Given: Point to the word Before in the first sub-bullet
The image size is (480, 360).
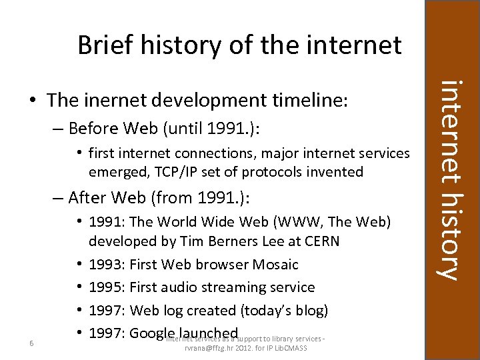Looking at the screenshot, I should tap(93, 127).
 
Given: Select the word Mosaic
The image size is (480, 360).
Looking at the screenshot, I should tap(275, 264).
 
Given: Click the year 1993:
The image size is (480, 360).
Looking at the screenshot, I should tap(107, 264).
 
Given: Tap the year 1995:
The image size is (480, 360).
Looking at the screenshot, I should tap(107, 287).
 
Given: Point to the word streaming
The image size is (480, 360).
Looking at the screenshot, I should tap(245, 287).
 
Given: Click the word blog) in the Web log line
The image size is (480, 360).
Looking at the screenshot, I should tap(309, 310).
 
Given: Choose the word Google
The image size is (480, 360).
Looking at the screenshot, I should tap(151, 333).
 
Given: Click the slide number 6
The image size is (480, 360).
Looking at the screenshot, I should tap(31, 343).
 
